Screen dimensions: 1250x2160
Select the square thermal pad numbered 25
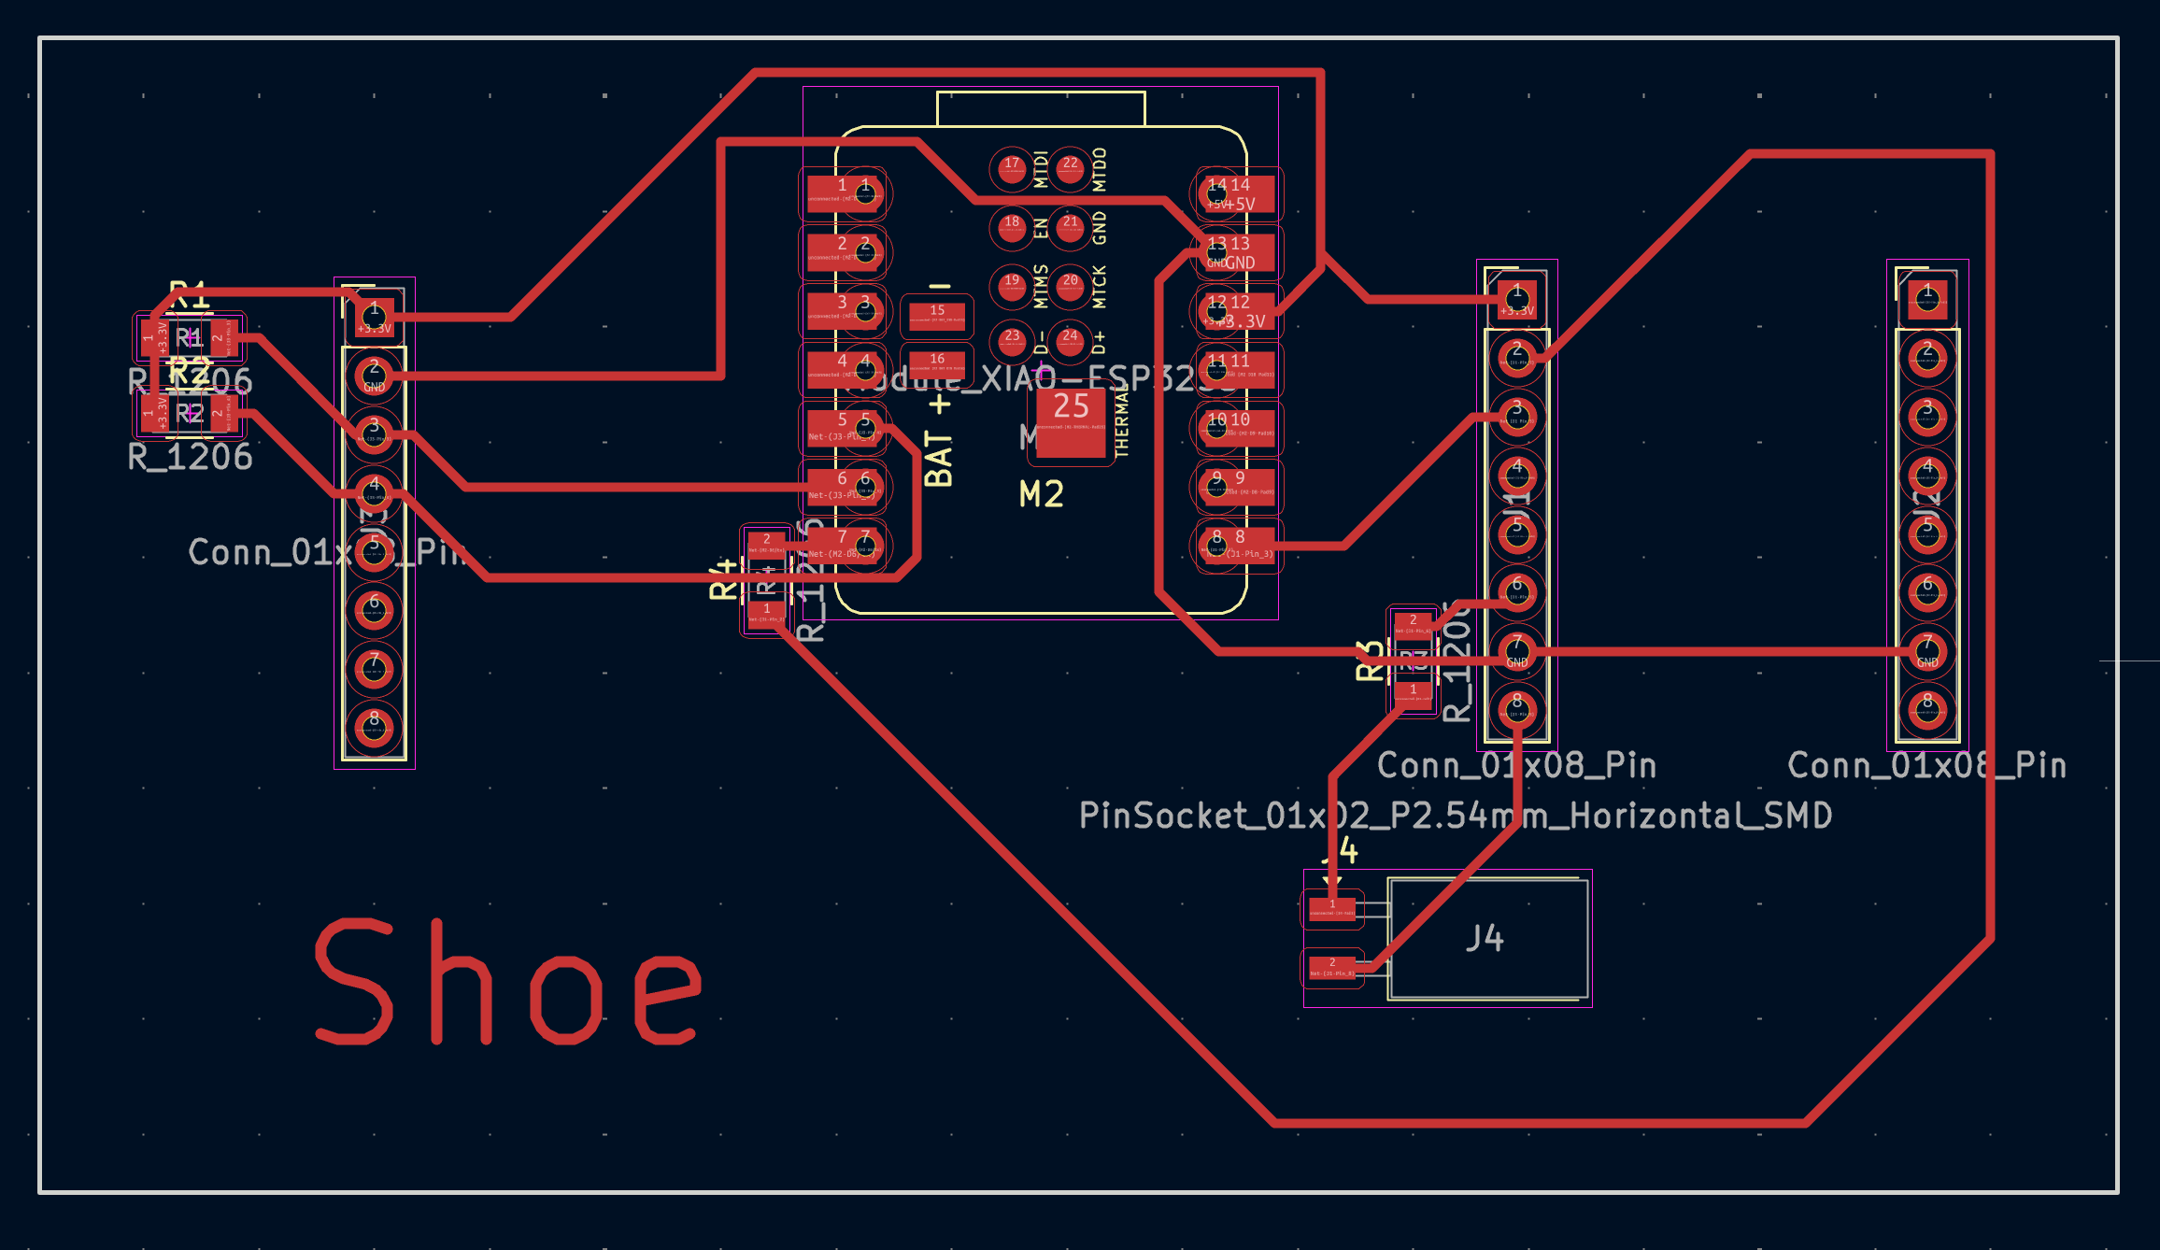click(1071, 422)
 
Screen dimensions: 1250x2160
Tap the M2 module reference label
click(1041, 494)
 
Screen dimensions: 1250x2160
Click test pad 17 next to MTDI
click(1012, 169)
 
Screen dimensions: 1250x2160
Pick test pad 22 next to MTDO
click(1071, 169)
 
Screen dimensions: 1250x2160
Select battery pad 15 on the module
click(937, 316)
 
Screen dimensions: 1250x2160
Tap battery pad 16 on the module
click(937, 364)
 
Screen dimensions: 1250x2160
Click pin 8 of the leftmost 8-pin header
click(374, 727)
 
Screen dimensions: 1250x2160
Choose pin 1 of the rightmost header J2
click(1926, 300)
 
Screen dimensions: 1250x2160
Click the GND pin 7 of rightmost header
click(1926, 651)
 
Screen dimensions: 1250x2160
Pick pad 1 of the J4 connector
click(1332, 908)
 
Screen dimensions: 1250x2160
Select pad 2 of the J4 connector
click(1332, 967)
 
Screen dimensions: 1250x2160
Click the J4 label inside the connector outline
click(1485, 938)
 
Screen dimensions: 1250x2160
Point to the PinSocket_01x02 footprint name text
click(1455, 816)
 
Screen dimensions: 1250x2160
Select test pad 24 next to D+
click(1070, 340)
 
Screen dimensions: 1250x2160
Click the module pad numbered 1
click(844, 193)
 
